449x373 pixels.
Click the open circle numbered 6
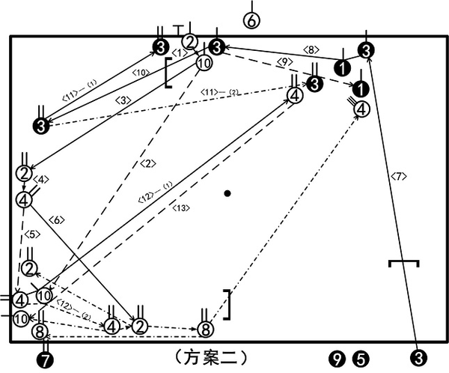[x=251, y=21]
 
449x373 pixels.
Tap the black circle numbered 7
[x=46, y=360]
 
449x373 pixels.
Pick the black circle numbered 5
[x=361, y=359]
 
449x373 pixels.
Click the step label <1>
[x=179, y=52]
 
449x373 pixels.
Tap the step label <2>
[x=147, y=164]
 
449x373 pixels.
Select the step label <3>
[x=123, y=100]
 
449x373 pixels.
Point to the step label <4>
[x=42, y=180]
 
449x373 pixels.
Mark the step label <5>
[x=31, y=234]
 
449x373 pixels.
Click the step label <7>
[x=397, y=177]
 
